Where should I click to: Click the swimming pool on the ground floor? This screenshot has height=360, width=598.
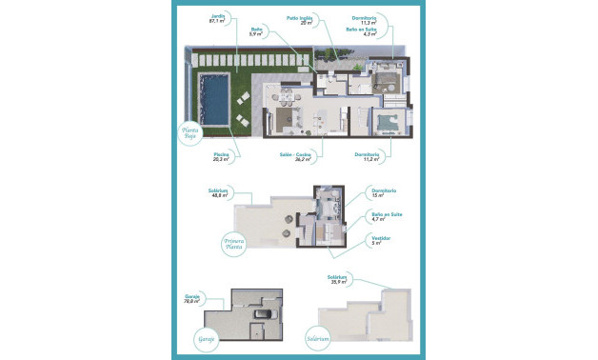212,100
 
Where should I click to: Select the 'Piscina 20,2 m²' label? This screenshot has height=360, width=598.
222,155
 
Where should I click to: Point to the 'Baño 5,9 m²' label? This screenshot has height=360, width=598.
258,30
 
